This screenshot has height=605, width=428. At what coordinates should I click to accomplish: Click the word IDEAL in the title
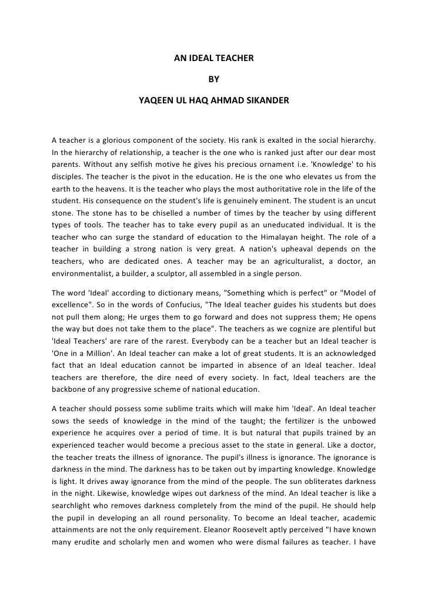point(203,59)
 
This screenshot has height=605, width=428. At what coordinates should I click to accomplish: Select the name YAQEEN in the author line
point(155,100)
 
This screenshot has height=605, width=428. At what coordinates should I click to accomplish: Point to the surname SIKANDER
point(266,100)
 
